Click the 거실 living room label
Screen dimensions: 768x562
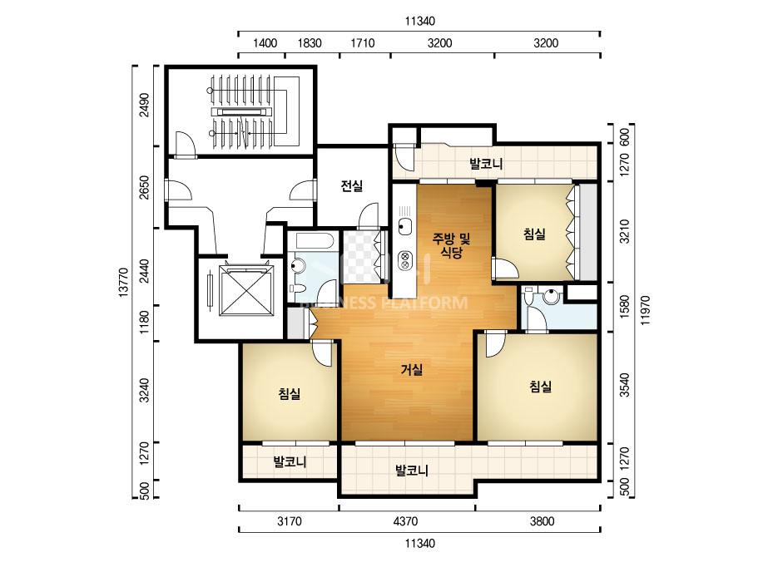(x=411, y=370)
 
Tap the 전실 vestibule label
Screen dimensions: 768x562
(x=352, y=186)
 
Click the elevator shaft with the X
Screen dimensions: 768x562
(x=245, y=291)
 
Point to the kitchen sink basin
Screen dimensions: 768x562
(x=404, y=226)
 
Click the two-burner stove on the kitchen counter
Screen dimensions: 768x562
(x=405, y=259)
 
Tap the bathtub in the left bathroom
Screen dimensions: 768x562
(x=311, y=241)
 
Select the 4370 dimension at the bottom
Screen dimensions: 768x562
(x=405, y=521)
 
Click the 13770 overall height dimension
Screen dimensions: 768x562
(x=123, y=283)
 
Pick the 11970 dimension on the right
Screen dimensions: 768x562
(x=645, y=310)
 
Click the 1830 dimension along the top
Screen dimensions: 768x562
(x=310, y=43)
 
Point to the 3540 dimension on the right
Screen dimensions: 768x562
(x=625, y=385)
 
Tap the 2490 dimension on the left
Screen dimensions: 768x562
(x=144, y=106)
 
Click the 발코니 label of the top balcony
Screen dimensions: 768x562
(x=486, y=164)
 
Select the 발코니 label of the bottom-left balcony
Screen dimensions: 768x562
(x=290, y=461)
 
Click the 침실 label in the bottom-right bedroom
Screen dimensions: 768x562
(x=540, y=387)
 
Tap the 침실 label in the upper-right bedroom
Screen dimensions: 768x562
(x=534, y=234)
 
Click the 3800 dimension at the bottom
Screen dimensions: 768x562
(x=542, y=521)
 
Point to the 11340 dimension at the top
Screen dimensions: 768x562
(x=419, y=21)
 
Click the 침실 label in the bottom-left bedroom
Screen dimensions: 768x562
(x=289, y=393)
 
